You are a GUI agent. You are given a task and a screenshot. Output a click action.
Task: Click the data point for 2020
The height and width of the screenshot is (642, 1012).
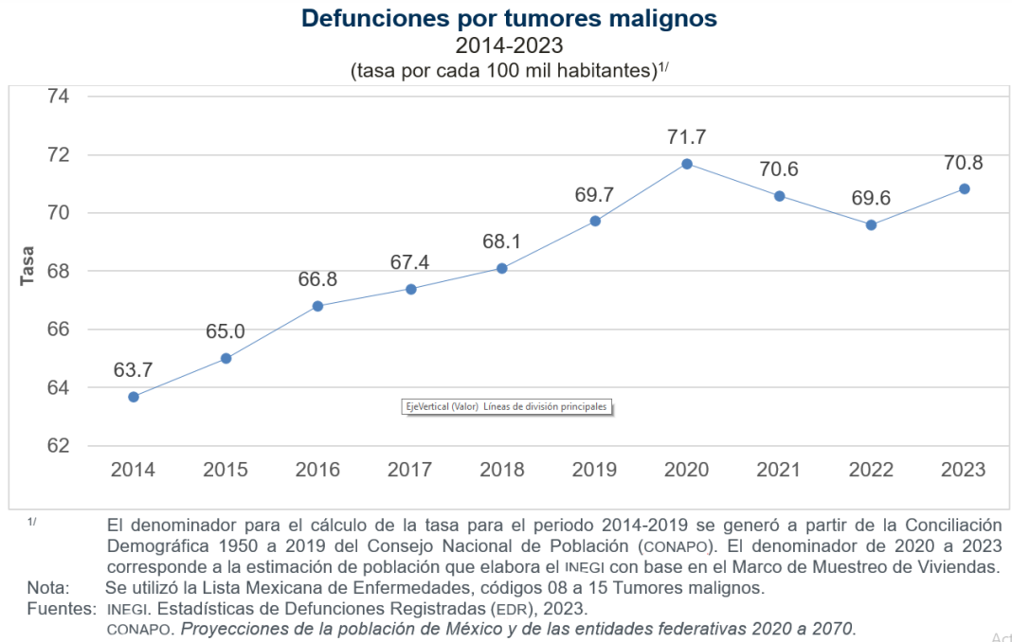(x=687, y=164)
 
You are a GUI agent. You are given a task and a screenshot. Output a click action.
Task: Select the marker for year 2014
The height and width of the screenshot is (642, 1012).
(x=134, y=397)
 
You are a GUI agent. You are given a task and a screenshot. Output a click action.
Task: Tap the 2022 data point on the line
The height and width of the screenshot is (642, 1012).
(x=871, y=224)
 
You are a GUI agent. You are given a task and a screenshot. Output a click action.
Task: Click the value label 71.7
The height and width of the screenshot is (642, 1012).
(x=686, y=137)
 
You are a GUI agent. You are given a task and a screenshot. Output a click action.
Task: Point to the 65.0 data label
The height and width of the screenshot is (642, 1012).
(x=226, y=331)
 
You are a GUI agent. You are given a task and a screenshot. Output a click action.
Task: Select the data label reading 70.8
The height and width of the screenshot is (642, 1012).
(x=963, y=162)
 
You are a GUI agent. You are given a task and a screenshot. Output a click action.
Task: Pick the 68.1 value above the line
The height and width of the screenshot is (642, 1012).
(x=502, y=241)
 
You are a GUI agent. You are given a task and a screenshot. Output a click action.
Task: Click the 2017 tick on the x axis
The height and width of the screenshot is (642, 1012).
(x=409, y=470)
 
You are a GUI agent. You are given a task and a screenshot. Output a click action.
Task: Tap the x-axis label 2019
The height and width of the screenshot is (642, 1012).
(x=594, y=470)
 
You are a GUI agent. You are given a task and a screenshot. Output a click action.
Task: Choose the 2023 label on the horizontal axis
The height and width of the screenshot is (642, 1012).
(x=963, y=470)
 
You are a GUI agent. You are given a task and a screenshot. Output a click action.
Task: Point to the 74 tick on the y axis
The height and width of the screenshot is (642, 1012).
(x=59, y=96)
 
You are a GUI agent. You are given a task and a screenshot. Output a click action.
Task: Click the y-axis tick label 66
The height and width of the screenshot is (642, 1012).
(x=59, y=330)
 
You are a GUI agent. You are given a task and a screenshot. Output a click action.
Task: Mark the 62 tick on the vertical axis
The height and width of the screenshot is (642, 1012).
(x=59, y=446)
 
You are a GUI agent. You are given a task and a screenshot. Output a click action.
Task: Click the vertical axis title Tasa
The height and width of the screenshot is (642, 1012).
(x=27, y=266)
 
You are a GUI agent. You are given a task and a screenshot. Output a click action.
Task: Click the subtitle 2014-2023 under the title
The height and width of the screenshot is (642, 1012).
(x=509, y=45)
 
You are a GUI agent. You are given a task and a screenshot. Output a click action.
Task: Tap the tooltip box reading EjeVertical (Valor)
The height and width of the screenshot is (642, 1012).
(x=505, y=406)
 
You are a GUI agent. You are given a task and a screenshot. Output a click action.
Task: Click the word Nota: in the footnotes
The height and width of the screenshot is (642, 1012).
(x=47, y=588)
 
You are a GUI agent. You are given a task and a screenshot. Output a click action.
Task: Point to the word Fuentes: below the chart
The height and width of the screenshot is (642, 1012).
(x=62, y=608)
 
